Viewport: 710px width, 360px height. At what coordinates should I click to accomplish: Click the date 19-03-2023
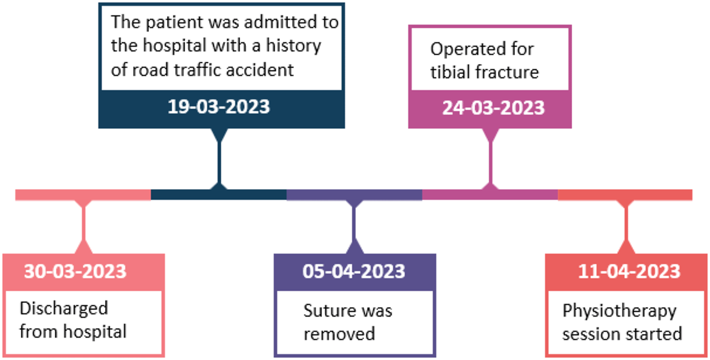tap(219, 107)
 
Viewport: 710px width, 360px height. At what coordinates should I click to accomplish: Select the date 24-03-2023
tap(494, 108)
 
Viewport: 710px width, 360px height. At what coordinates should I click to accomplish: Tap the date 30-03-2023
tap(75, 272)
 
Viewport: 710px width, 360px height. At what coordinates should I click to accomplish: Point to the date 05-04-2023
tap(354, 272)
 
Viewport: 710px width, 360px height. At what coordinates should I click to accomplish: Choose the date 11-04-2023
tap(629, 272)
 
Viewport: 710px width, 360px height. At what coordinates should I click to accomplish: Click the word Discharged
tap(64, 309)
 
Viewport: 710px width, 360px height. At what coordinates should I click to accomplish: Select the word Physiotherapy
tap(619, 311)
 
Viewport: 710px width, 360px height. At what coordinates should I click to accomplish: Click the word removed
tap(339, 334)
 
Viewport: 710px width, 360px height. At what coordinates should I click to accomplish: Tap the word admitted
tap(280, 22)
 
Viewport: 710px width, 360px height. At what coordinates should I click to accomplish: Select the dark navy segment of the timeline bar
tap(219, 194)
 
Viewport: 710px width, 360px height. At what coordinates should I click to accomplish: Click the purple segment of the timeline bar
tap(354, 195)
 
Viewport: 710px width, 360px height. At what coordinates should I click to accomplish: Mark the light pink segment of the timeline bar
tap(83, 195)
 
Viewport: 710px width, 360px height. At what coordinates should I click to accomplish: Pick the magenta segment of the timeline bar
tap(490, 194)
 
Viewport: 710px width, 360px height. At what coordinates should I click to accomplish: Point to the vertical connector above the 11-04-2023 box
tap(626, 227)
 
